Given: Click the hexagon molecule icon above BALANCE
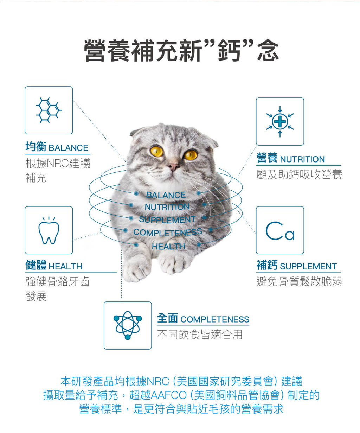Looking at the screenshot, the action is tap(49, 110).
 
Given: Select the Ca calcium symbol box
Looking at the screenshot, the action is tap(280, 230).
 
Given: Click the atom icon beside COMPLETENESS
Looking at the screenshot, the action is tap(128, 325).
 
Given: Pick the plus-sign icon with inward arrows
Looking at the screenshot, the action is tap(280, 121).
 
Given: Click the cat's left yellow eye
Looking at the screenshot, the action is tap(157, 151).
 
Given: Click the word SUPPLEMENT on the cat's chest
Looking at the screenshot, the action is tap(167, 219).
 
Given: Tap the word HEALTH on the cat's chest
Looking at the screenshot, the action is tap(168, 246).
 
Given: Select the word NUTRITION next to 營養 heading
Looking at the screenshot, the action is tap(302, 159).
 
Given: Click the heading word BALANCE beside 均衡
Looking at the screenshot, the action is tap(69, 148).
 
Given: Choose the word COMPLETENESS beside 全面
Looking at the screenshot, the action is tap(215, 319).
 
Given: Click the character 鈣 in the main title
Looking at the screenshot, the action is tap(229, 50).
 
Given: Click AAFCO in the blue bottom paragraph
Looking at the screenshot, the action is tap(169, 395).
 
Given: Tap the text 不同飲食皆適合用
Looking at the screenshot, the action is tap(200, 335).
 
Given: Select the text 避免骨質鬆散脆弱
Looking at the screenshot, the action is tap(299, 281).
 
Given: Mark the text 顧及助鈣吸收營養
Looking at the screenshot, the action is tap(299, 174).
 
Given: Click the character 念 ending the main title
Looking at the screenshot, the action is tap(268, 50).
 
